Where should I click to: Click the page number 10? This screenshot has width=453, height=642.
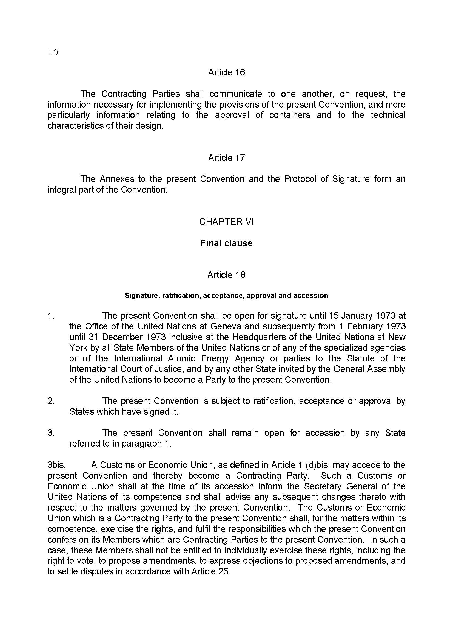point(53,52)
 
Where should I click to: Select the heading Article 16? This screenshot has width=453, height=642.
point(226,72)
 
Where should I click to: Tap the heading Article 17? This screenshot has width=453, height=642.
point(226,158)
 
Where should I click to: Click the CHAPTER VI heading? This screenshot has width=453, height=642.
point(226,222)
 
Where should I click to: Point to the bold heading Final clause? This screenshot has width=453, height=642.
point(226,243)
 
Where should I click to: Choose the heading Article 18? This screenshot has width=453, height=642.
point(226,275)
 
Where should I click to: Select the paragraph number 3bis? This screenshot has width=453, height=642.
point(56,465)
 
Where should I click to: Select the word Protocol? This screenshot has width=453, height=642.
point(300,179)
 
